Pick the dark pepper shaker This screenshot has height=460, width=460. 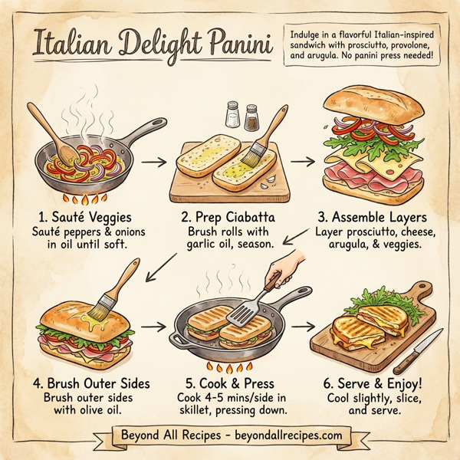tap(251, 117)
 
